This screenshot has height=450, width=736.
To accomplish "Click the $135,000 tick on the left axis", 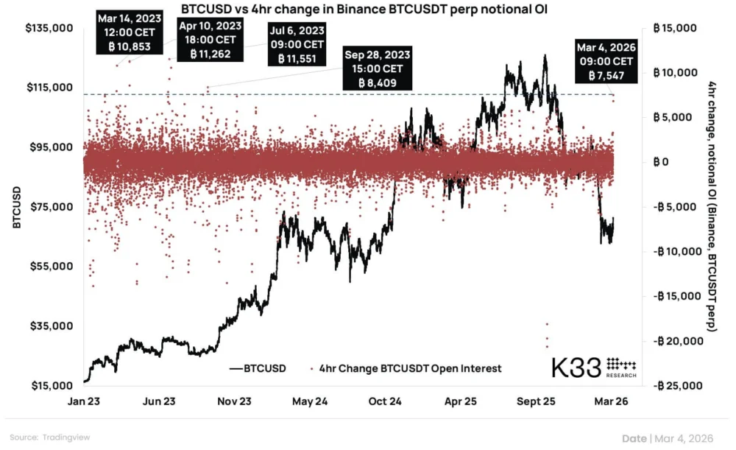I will pos(52,28).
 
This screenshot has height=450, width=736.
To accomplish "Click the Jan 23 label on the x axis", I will pos(85,402).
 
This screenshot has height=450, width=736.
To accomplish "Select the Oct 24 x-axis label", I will pos(386,402).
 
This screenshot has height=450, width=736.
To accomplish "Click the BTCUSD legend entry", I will pos(258,368).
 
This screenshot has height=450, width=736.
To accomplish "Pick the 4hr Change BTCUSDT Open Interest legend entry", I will pos(405,368).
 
